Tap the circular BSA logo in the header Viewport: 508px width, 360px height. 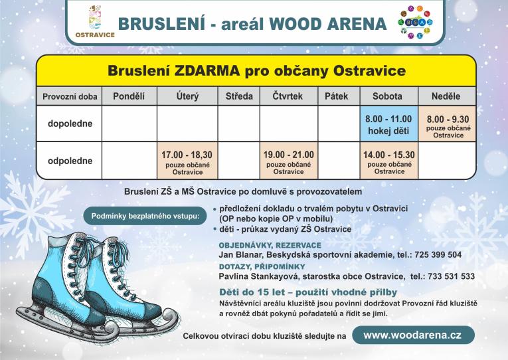(x=415, y=22)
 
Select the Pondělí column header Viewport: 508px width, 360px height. (x=129, y=96)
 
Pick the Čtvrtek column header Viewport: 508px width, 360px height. (x=288, y=96)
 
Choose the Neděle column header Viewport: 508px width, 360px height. (x=445, y=96)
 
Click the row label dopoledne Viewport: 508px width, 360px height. (x=70, y=124)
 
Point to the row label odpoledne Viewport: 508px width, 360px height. (x=70, y=161)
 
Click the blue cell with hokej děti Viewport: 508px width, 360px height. (x=388, y=124)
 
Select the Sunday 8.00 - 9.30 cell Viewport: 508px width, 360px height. (x=448, y=124)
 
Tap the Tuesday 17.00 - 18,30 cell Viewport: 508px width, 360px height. (x=187, y=161)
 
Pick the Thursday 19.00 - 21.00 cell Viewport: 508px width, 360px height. (x=288, y=161)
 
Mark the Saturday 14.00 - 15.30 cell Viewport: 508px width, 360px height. (x=388, y=161)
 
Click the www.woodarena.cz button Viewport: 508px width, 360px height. (x=412, y=335)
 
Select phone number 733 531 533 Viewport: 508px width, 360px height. (x=452, y=276)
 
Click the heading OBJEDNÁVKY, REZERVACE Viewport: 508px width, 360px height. (x=260, y=245)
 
